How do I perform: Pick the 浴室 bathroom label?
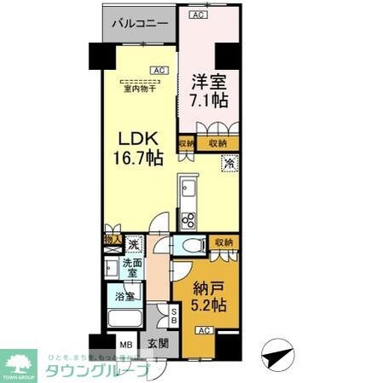(125, 297)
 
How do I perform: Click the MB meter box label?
(125, 345)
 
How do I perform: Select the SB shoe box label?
(174, 317)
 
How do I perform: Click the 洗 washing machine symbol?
(134, 244)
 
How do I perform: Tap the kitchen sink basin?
(189, 189)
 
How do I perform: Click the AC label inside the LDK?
(159, 71)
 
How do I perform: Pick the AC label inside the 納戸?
(205, 330)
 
